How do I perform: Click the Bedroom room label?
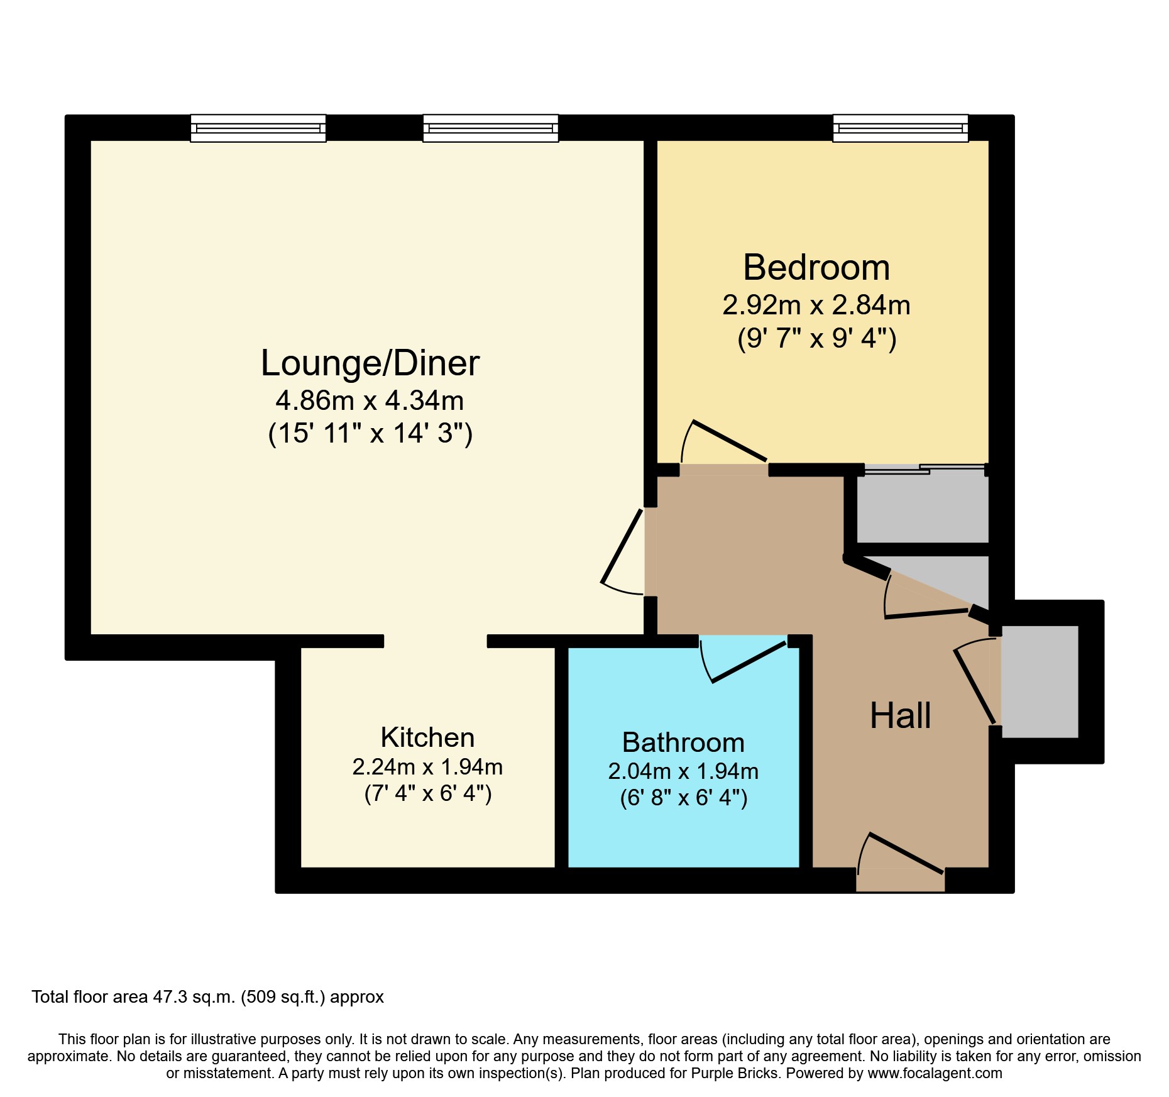(x=816, y=268)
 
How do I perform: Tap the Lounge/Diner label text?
(x=370, y=363)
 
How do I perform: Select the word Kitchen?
(x=427, y=737)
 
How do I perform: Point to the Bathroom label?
(x=683, y=742)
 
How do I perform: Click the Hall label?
(x=900, y=715)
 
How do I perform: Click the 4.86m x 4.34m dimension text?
(x=370, y=400)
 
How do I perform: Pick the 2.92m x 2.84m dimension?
(x=816, y=306)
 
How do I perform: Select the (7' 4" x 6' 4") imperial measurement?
(x=427, y=793)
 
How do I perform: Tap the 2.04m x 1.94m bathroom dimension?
(x=683, y=771)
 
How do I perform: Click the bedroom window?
(x=900, y=128)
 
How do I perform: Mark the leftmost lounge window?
(x=258, y=128)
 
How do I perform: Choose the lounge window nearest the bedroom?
(x=490, y=128)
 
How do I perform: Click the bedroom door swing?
(x=723, y=443)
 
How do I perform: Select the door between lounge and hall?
(x=622, y=550)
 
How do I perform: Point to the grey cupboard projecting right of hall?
(x=1040, y=681)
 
